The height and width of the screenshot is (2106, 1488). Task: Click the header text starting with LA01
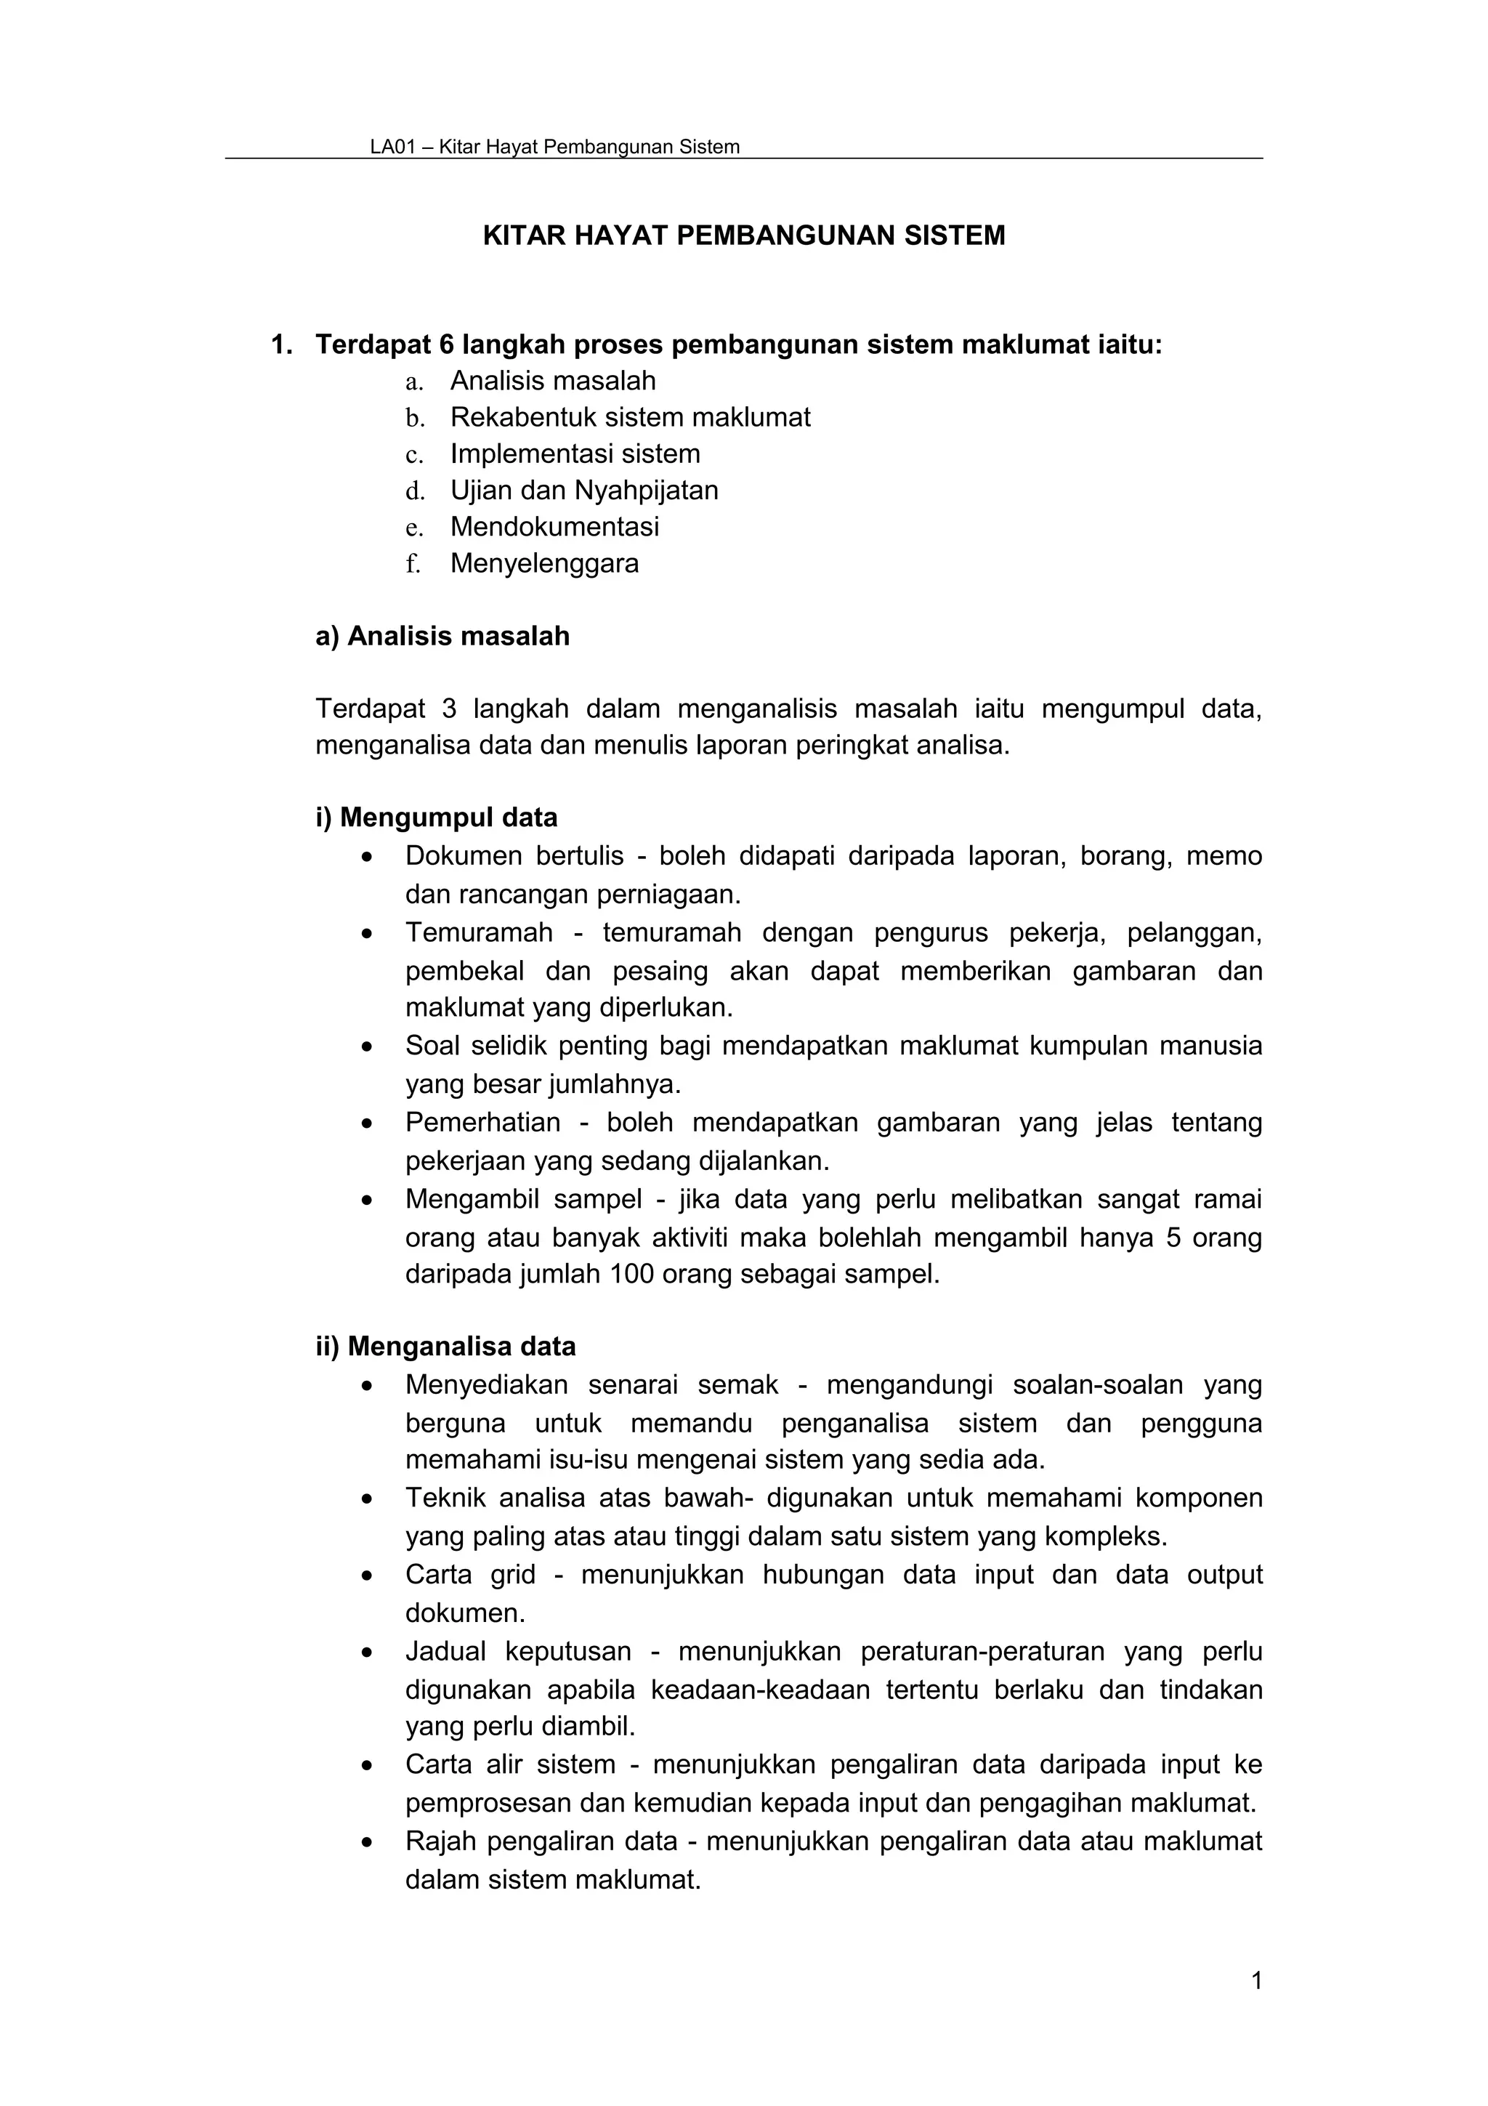pyautogui.click(x=554, y=147)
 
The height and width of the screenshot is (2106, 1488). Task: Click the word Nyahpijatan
pyautogui.click(x=647, y=491)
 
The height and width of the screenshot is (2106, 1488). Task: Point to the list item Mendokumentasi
pyautogui.click(x=554, y=528)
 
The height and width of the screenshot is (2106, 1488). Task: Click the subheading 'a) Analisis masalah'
pyautogui.click(x=442, y=636)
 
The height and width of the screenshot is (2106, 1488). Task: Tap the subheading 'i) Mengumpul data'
pyautogui.click(x=437, y=818)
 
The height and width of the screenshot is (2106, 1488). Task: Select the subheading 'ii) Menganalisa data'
pyautogui.click(x=445, y=1347)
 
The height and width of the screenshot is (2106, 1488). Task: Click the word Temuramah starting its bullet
pyautogui.click(x=479, y=933)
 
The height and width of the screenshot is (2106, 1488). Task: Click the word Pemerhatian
pyautogui.click(x=482, y=1123)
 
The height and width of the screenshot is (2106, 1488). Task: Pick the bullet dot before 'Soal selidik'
pyautogui.click(x=368, y=1046)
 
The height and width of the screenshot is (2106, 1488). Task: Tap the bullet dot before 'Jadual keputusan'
pyautogui.click(x=368, y=1653)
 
